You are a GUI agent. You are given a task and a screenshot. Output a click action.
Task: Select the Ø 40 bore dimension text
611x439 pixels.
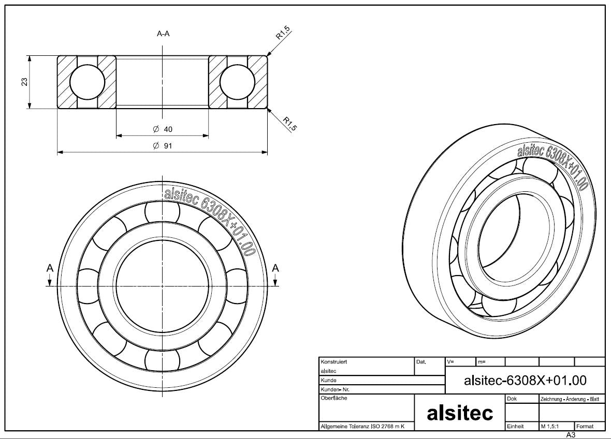point(163,129)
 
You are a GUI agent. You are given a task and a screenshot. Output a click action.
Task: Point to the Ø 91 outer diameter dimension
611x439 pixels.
point(163,146)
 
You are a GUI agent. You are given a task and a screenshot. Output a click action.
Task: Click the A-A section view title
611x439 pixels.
point(163,34)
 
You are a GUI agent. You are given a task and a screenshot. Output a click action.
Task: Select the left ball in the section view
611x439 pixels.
point(87,82)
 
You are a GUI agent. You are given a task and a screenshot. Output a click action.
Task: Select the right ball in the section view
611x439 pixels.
point(238,82)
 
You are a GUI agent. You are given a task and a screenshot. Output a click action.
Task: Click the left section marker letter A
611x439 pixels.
point(50,268)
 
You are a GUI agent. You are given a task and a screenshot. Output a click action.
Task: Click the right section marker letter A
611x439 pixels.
point(275,268)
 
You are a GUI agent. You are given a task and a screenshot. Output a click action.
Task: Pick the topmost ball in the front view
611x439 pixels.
point(163,211)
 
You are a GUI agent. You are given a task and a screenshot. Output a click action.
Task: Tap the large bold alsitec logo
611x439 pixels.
point(459,413)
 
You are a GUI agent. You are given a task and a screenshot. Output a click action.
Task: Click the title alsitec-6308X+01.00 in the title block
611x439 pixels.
point(525,381)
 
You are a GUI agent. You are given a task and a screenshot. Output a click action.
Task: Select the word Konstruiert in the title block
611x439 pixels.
point(333,362)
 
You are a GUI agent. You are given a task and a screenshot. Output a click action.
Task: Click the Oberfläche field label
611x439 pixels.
point(334,398)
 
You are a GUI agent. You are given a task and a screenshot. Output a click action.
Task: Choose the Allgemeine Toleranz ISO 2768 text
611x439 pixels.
point(362,427)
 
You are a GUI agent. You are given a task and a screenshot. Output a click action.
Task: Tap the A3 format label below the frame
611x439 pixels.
point(571,435)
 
